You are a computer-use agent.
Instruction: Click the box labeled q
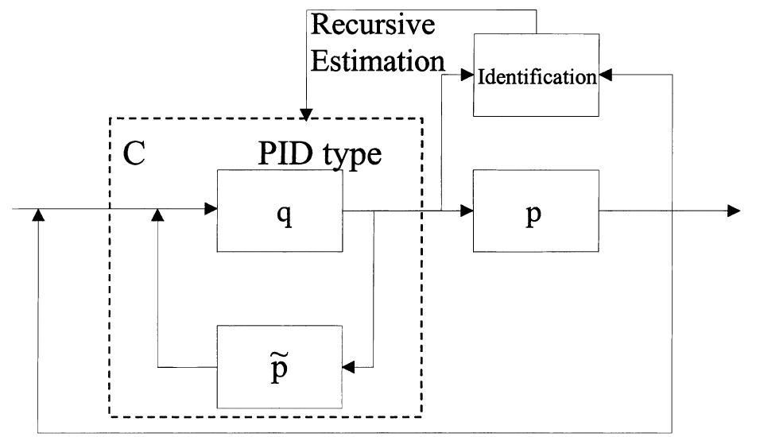point(280,211)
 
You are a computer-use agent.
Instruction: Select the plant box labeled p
point(535,211)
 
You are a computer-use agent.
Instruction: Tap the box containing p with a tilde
point(280,366)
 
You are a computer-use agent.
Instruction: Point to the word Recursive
point(373,25)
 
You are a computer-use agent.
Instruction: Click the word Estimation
point(376,60)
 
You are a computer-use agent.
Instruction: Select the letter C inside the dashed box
point(134,153)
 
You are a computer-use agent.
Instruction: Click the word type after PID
point(351,156)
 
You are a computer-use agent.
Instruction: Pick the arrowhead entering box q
point(211,211)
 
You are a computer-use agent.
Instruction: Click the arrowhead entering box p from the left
point(467,211)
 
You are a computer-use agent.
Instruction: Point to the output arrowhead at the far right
point(734,211)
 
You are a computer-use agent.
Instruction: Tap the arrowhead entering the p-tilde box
point(348,367)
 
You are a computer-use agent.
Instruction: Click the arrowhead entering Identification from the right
point(604,75)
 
